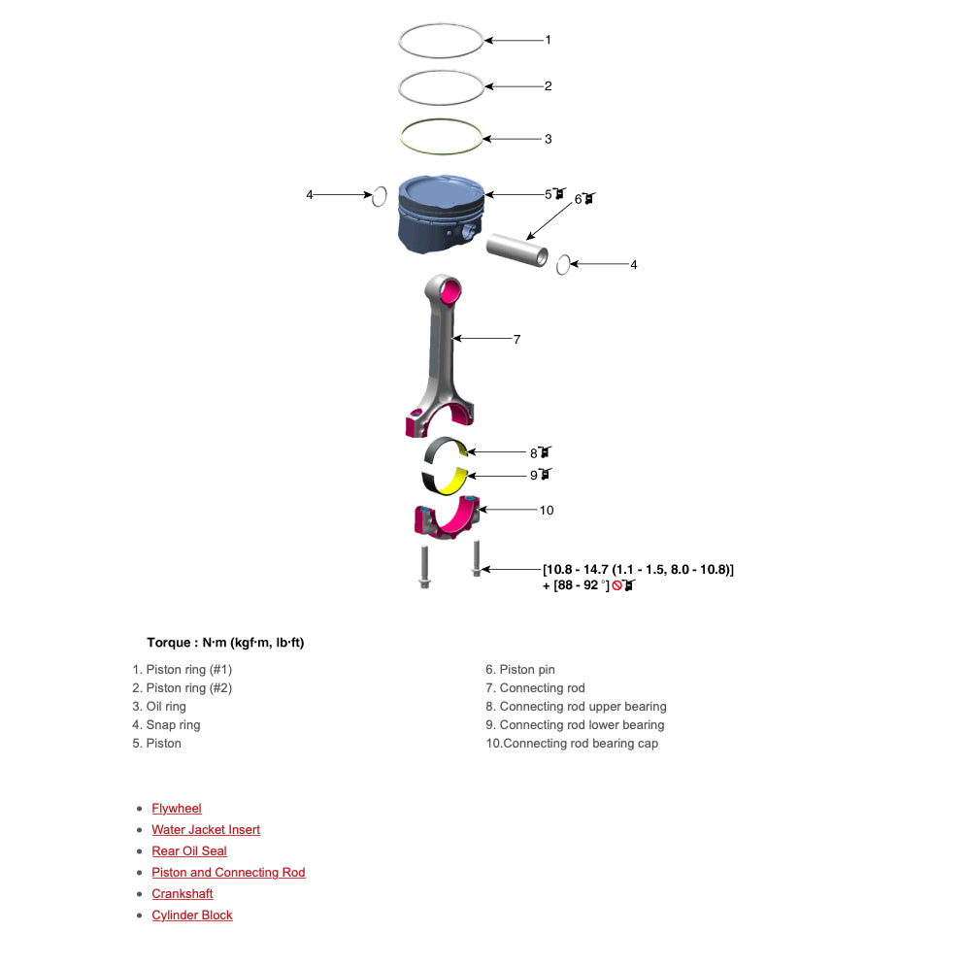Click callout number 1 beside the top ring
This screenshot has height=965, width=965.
point(548,40)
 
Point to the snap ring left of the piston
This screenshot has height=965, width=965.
point(380,196)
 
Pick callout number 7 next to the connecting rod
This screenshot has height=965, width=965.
point(516,339)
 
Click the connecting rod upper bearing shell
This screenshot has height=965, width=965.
point(447,452)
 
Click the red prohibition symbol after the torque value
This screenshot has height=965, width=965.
point(616,586)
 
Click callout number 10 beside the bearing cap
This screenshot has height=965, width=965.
point(547,510)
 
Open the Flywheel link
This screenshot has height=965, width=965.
point(177,809)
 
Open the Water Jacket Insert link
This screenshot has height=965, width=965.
point(206,830)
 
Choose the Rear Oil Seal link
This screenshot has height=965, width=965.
point(189,851)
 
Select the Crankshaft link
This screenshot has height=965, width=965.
point(183,894)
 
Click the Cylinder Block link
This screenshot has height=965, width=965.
point(192,915)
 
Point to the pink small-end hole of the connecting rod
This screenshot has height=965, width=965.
point(450,288)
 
